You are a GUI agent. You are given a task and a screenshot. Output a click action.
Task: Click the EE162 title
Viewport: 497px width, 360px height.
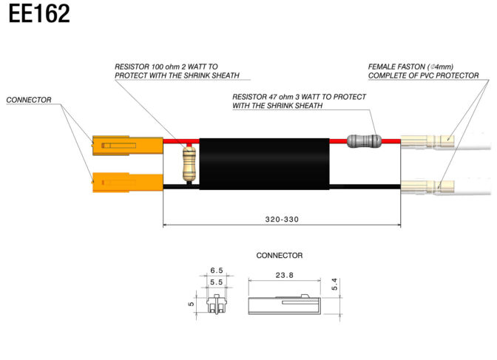pos(39,13)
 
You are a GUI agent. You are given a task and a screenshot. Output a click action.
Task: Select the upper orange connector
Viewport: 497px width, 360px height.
pos(127,146)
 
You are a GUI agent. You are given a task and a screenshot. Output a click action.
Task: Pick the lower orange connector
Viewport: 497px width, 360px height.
pos(127,183)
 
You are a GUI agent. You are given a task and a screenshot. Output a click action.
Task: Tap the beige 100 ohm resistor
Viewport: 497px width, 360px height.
pos(189,164)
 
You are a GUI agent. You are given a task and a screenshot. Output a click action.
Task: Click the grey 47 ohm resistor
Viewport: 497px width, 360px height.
pos(364,141)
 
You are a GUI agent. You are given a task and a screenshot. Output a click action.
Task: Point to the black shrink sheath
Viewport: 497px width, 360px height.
pos(264,164)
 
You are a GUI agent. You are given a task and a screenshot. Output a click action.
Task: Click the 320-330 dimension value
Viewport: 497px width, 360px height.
pos(282,220)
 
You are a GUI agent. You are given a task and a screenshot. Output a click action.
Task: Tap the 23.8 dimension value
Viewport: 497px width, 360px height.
pos(284,275)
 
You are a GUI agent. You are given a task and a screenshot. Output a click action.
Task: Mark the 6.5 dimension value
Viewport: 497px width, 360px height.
pos(217,271)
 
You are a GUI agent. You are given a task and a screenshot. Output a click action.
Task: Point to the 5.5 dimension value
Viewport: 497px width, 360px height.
pos(217,282)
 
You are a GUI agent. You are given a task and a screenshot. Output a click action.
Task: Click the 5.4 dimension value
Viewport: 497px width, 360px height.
pos(334,285)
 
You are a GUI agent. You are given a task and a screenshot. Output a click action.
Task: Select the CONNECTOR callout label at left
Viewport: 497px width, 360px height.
pos(29,100)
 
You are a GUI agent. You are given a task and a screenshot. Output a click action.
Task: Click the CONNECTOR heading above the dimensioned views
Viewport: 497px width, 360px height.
pos(280,256)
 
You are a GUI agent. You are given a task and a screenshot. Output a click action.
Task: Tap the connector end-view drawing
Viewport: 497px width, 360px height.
pos(217,304)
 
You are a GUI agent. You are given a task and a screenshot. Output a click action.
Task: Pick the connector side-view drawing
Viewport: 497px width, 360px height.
pos(284,305)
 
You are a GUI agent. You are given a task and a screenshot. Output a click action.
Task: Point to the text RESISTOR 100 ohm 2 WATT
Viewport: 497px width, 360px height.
pos(166,67)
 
